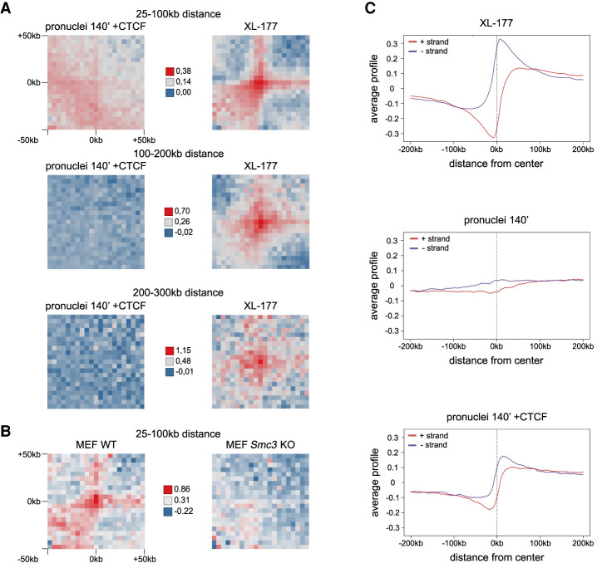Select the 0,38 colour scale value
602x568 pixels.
click(187, 71)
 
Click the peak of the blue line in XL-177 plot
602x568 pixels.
click(499, 40)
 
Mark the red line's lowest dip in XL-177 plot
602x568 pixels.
click(495, 137)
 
